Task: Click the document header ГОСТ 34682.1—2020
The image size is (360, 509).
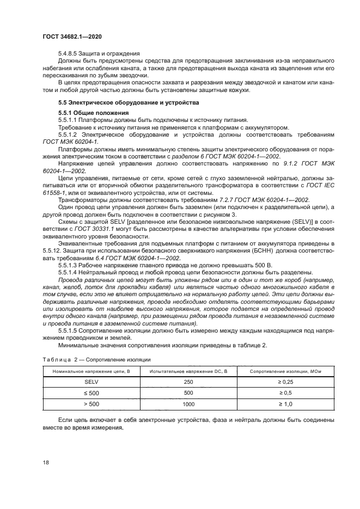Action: (72, 35)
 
